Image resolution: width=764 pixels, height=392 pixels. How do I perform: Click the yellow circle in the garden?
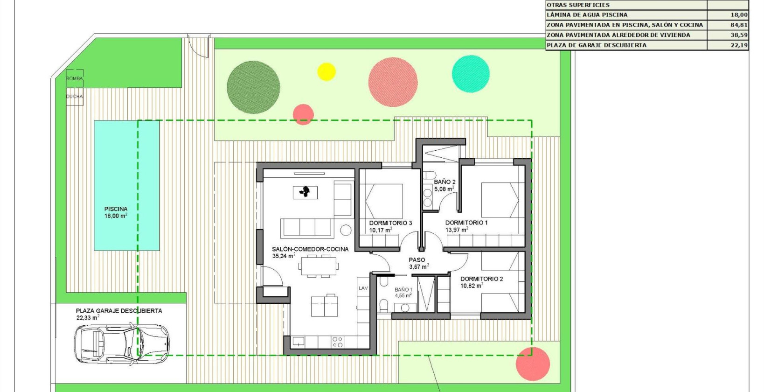(x=326, y=71)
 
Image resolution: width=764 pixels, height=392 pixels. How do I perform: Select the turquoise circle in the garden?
(x=471, y=74)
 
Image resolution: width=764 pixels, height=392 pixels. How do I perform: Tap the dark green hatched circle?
(x=253, y=87)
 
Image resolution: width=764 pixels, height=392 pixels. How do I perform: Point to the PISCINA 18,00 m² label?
(x=116, y=212)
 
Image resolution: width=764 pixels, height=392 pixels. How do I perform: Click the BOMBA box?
(x=74, y=78)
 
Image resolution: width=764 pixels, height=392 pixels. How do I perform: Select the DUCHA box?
(x=74, y=97)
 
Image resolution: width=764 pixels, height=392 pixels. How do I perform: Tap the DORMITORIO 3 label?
(x=390, y=223)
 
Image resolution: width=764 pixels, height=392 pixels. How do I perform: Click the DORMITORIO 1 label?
(x=466, y=223)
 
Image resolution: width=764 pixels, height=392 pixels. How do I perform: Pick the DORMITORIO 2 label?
(x=481, y=279)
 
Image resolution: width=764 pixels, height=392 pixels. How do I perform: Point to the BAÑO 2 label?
(x=445, y=182)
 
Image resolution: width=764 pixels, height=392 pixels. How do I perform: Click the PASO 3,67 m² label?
(x=417, y=263)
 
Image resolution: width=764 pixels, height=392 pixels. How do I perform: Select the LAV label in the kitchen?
(x=363, y=288)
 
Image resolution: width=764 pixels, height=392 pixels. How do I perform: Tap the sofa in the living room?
(x=306, y=227)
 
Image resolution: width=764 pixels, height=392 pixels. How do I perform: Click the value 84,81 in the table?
(x=739, y=25)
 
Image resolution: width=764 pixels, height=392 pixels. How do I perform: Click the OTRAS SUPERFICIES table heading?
(x=578, y=5)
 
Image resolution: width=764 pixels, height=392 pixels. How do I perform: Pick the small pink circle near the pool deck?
(x=303, y=114)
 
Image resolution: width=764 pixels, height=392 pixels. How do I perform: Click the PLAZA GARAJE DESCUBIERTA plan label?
(x=119, y=311)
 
